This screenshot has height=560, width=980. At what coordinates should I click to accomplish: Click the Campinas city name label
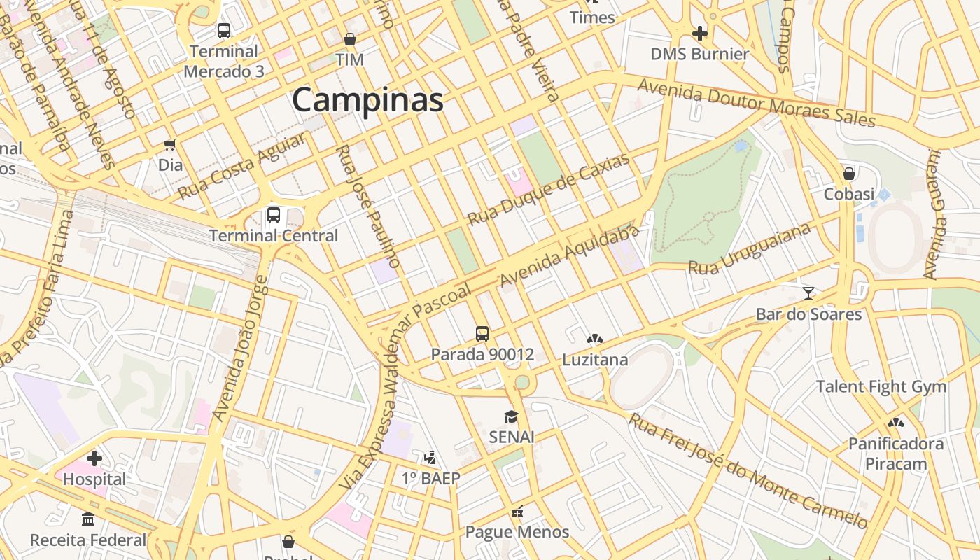pyautogui.click(x=367, y=99)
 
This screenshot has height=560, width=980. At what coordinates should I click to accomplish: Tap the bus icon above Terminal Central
pyautogui.click(x=274, y=215)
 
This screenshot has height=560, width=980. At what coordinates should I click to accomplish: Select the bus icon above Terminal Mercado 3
pyautogui.click(x=224, y=31)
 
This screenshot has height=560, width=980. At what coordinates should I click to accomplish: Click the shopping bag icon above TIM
pyautogui.click(x=349, y=39)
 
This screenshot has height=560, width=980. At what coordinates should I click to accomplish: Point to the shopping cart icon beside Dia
pyautogui.click(x=169, y=145)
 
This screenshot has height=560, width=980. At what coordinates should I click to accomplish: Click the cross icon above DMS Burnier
pyautogui.click(x=699, y=33)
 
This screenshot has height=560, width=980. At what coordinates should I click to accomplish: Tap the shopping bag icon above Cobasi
pyautogui.click(x=849, y=173)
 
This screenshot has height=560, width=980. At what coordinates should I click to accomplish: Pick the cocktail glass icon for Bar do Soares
pyautogui.click(x=808, y=293)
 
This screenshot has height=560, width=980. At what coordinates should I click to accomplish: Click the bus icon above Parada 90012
pyautogui.click(x=482, y=333)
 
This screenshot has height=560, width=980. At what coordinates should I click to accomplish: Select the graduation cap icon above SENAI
pyautogui.click(x=512, y=416)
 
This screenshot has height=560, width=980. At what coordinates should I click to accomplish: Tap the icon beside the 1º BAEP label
pyautogui.click(x=430, y=458)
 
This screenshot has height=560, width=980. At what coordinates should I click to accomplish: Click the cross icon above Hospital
pyautogui.click(x=94, y=458)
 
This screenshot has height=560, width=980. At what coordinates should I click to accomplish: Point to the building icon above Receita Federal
pyautogui.click(x=88, y=519)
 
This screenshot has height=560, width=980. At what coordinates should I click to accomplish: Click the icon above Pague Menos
pyautogui.click(x=517, y=512)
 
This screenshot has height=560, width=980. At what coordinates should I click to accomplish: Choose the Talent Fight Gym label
pyautogui.click(x=881, y=386)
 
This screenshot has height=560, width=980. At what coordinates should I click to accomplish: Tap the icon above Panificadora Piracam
pyautogui.click(x=895, y=423)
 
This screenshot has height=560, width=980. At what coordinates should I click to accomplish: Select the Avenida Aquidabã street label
pyautogui.click(x=570, y=256)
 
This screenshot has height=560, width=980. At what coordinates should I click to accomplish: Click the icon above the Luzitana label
pyautogui.click(x=595, y=339)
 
